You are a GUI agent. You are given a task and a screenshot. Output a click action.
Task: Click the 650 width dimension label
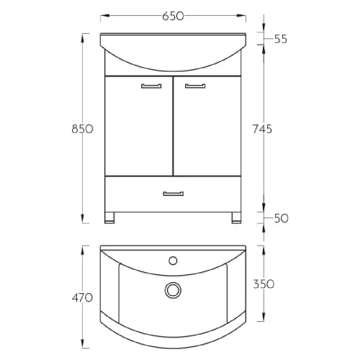point(173,16)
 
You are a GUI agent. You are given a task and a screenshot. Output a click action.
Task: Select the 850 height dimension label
point(82,129)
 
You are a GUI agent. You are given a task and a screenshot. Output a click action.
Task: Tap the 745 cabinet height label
point(262,129)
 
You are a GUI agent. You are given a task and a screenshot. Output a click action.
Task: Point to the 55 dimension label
point(281,39)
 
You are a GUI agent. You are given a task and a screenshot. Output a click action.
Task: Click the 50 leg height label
point(281,218)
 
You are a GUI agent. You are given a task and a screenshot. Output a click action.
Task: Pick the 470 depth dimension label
point(82,298)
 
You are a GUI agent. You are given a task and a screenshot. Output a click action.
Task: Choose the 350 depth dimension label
point(264,284)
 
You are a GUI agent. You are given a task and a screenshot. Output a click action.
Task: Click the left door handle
point(151,86)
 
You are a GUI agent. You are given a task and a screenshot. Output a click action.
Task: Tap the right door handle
point(195,86)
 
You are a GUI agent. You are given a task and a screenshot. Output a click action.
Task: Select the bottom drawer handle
point(174,194)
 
